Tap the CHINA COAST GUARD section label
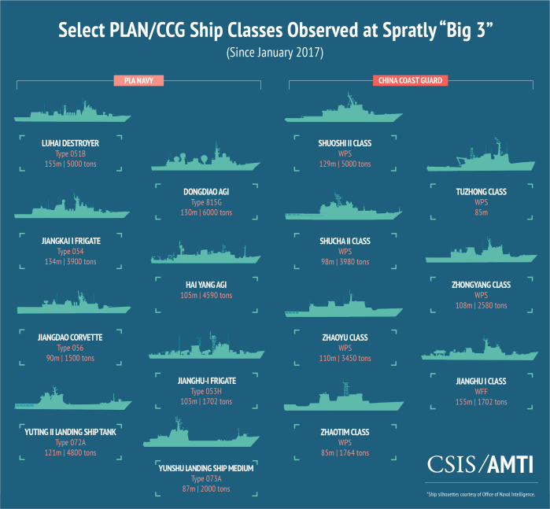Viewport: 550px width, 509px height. click(410, 80)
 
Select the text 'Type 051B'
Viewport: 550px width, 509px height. click(70, 154)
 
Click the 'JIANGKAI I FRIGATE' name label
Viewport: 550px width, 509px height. click(70, 240)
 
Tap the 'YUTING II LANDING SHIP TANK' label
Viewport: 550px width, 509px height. click(70, 432)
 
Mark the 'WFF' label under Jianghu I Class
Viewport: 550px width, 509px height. click(482, 392)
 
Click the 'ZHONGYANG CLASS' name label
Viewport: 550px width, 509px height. click(482, 284)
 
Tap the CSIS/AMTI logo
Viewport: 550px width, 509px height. click(482, 464)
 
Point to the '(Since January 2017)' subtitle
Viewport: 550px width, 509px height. click(275, 53)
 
